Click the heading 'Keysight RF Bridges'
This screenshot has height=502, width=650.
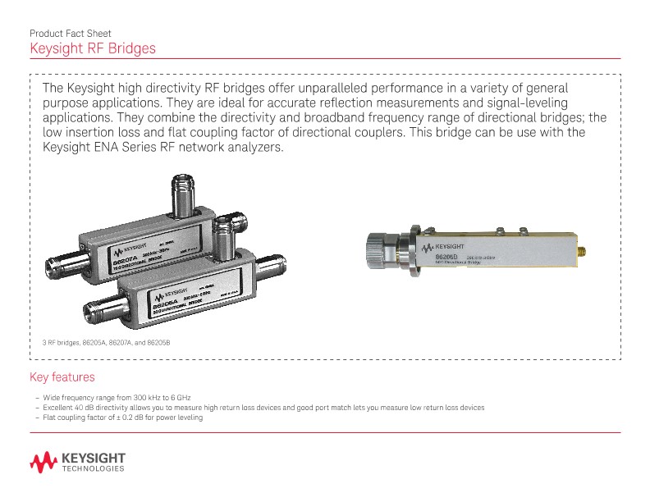click(x=92, y=49)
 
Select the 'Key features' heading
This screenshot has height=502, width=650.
click(x=62, y=377)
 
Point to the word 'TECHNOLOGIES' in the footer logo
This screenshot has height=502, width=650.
click(x=93, y=470)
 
